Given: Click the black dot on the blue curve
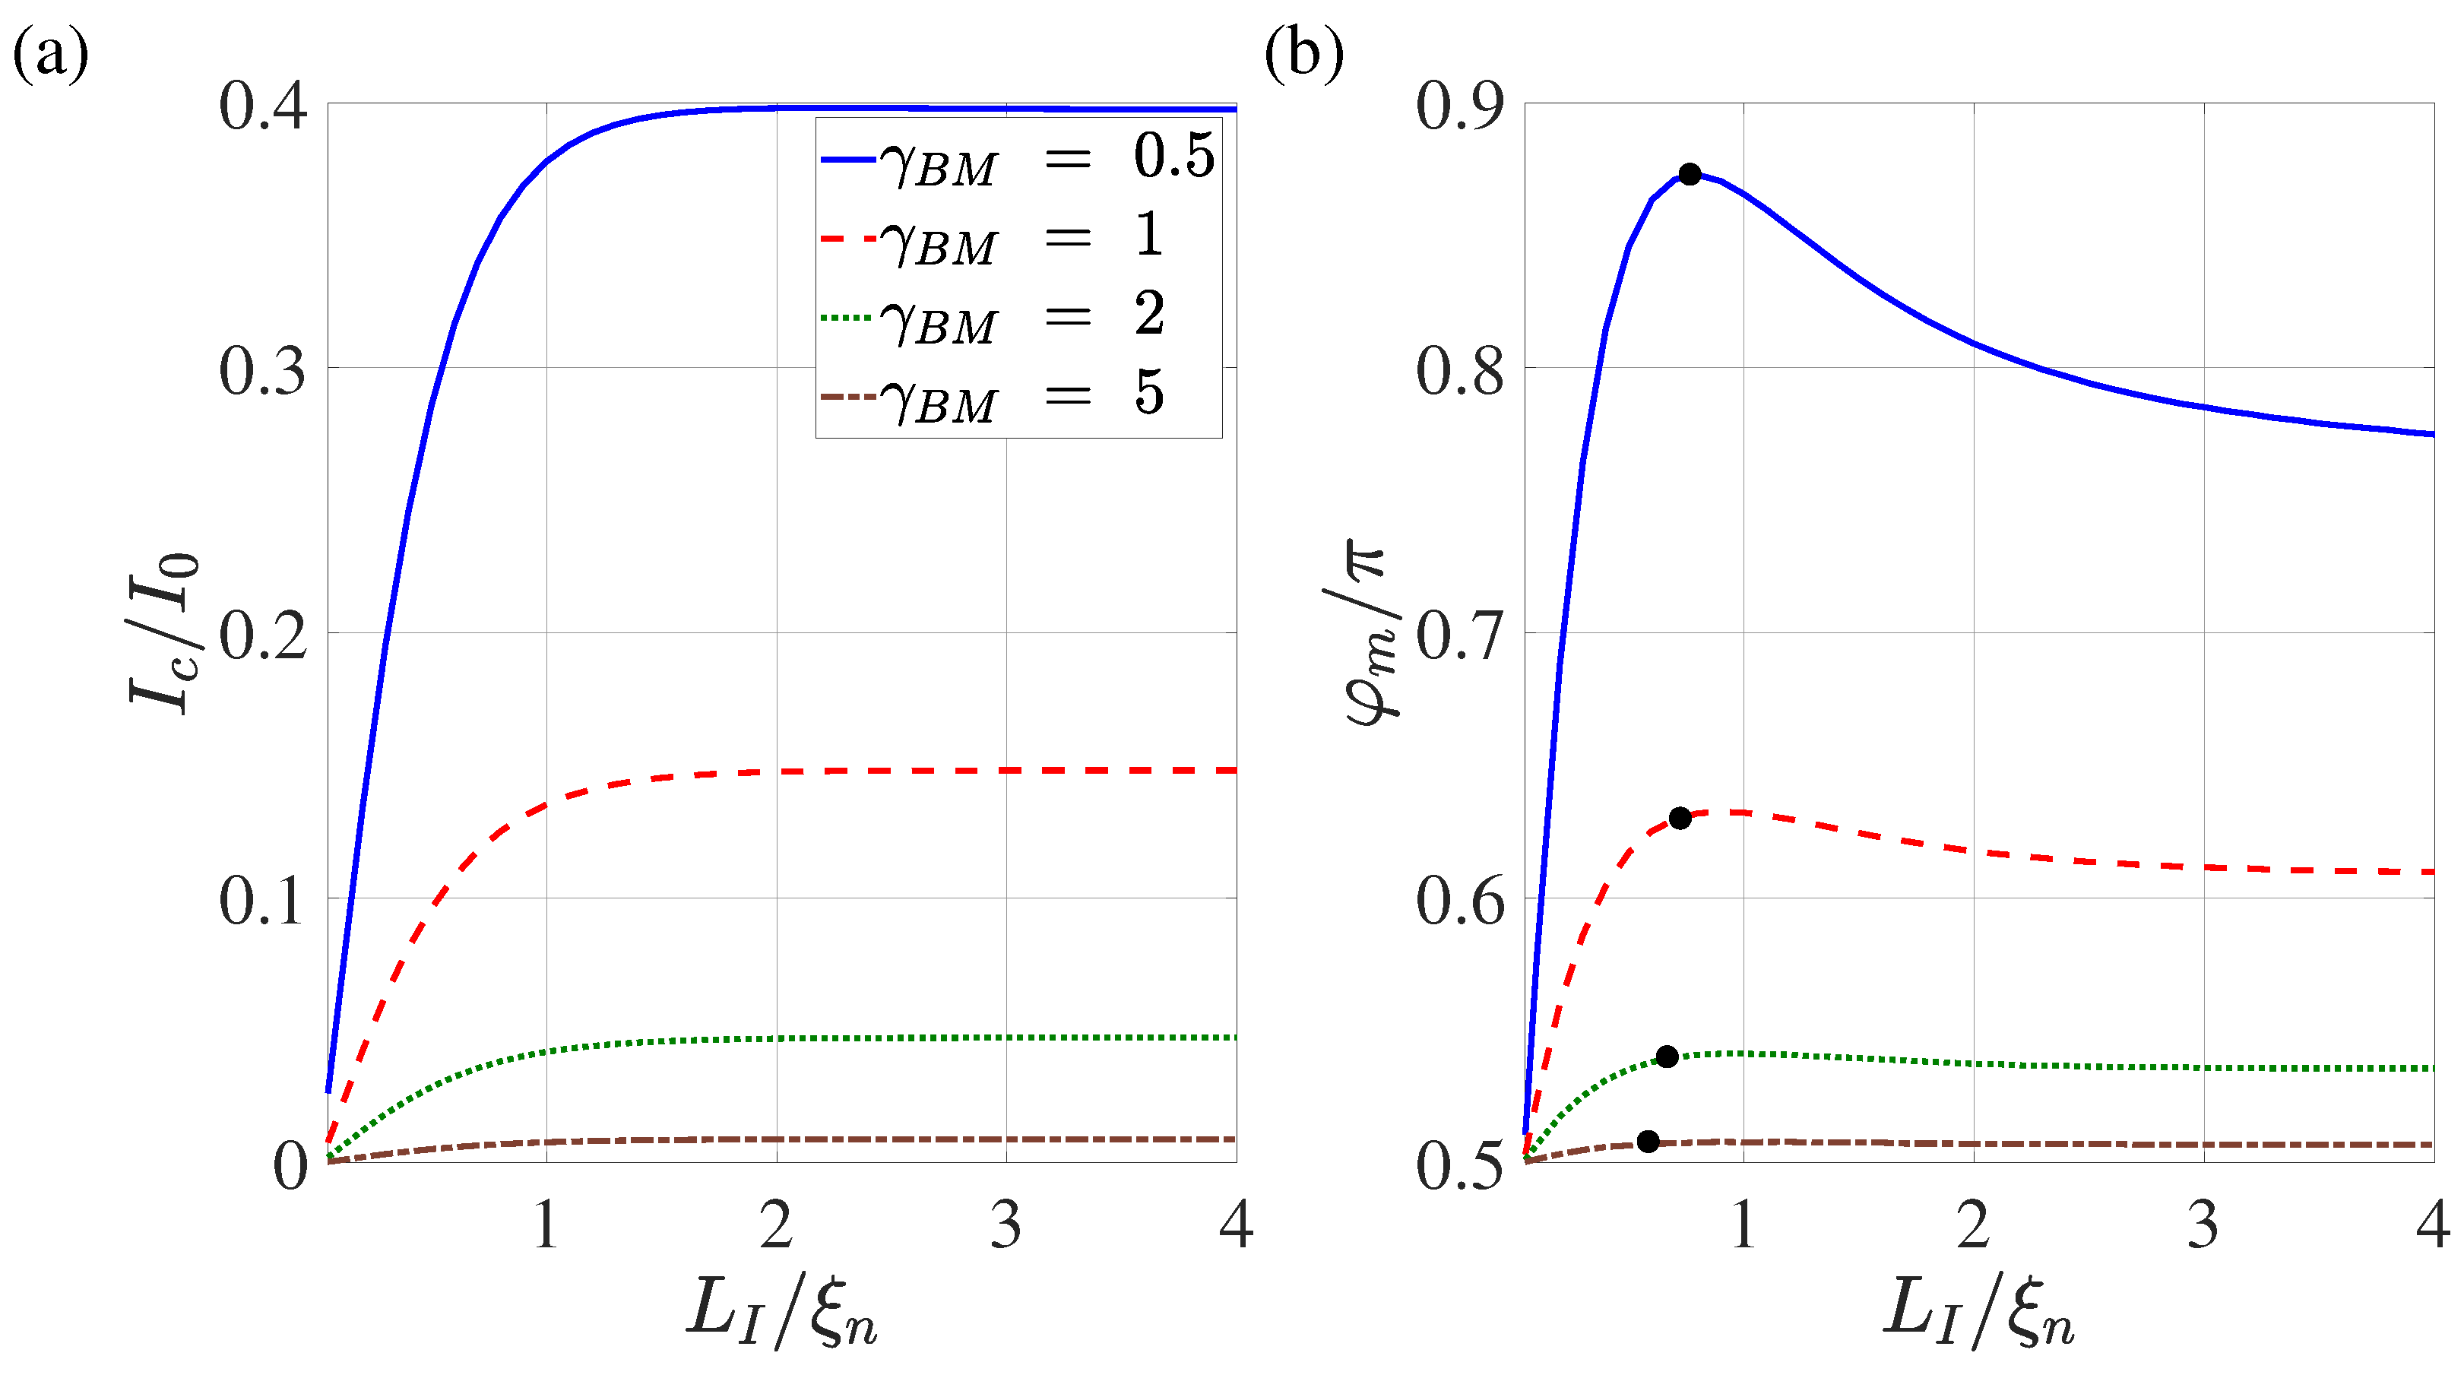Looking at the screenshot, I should click(1690, 174).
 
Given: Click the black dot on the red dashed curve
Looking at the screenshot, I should click(1680, 818).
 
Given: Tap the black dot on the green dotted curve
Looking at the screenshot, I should click(1666, 1057).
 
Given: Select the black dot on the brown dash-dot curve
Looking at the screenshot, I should click(1648, 1141).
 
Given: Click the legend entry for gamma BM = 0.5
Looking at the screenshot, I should click(1018, 159).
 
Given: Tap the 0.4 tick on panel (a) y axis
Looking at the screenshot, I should click(263, 105).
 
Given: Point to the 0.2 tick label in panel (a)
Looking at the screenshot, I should click(263, 635).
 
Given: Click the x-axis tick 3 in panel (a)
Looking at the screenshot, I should click(1006, 1224).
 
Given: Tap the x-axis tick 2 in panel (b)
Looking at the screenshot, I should click(1973, 1224).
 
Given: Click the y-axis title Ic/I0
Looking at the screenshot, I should click(163, 633).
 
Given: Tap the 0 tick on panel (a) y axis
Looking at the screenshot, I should click(290, 1165).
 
